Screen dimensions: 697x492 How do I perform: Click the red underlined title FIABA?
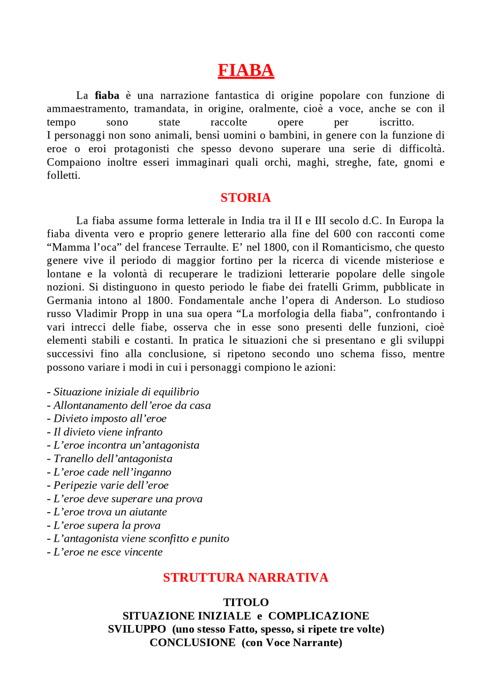point(246,70)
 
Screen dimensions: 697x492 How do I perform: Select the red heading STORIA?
point(246,198)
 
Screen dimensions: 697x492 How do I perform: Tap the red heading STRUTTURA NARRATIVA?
point(246,578)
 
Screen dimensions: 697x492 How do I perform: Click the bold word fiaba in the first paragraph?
point(107,95)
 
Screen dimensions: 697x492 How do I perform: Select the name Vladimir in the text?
point(97,314)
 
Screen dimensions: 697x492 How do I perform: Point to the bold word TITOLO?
point(246,602)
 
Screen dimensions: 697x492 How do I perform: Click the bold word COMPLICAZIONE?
point(319,616)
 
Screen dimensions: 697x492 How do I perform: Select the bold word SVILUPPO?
point(137,629)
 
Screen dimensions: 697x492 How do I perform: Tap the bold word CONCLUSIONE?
point(193,643)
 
